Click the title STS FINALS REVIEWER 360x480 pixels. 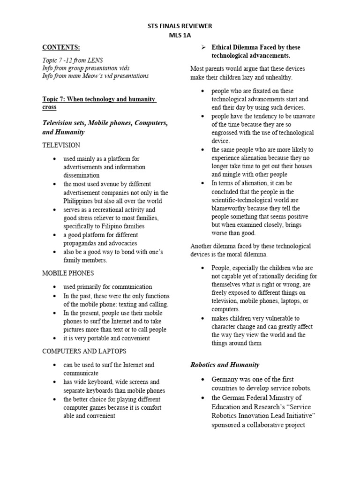click(180, 26)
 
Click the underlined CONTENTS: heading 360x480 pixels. click(61, 47)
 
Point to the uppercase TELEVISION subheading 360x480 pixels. click(61, 145)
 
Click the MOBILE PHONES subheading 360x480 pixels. click(68, 273)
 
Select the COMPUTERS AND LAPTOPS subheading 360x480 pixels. click(84, 351)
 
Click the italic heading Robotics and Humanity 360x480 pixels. click(225, 364)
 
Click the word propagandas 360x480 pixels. click(82, 243)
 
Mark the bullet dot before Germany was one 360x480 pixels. click(202, 380)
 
